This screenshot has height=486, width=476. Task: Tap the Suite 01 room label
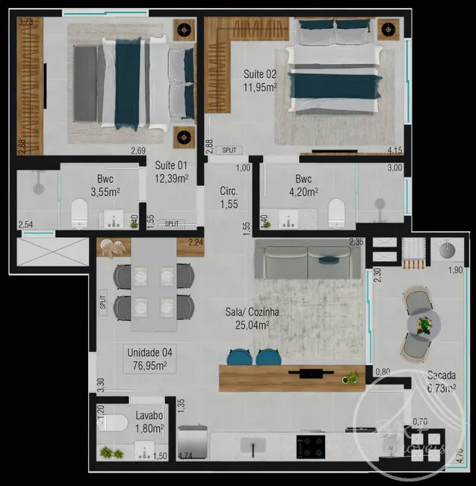click(x=171, y=165)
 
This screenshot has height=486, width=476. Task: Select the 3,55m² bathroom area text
click(x=105, y=191)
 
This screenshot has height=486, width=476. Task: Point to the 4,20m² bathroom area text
click(x=303, y=191)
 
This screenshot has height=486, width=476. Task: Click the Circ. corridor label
click(x=229, y=191)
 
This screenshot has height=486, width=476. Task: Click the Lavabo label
click(x=149, y=415)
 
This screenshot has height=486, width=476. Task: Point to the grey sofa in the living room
click(x=306, y=262)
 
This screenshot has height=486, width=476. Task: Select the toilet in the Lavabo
click(x=114, y=424)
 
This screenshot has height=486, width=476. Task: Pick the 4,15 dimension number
click(x=395, y=150)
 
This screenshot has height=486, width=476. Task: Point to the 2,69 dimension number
click(x=138, y=150)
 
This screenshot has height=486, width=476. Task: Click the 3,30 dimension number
click(x=100, y=384)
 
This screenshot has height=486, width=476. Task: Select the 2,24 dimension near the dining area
click(x=196, y=242)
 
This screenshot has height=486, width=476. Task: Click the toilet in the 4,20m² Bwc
click(x=336, y=212)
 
